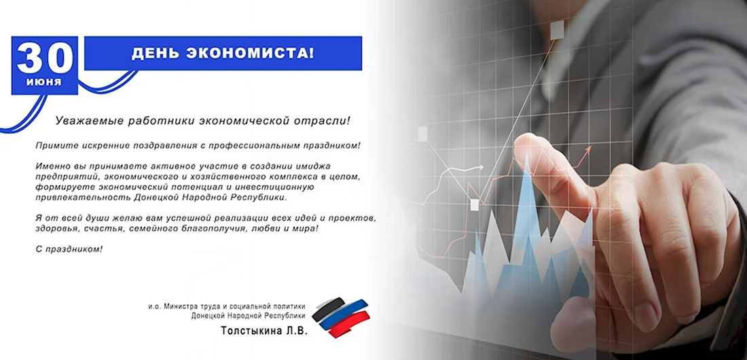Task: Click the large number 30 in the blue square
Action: (x=45, y=58)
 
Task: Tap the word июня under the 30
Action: (x=44, y=82)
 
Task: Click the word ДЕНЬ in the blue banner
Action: (x=154, y=53)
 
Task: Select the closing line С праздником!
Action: (x=69, y=249)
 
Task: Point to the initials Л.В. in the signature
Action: (x=296, y=330)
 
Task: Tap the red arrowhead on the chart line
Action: (x=588, y=150)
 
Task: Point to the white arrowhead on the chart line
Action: (x=481, y=167)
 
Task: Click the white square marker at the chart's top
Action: (x=557, y=31)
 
